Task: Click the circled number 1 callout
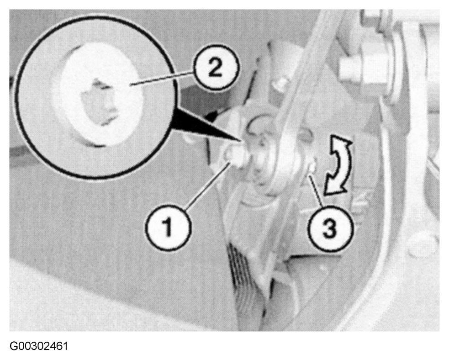click(x=168, y=227)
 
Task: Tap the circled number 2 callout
click(x=216, y=68)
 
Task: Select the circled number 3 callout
click(x=330, y=228)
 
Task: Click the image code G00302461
click(x=39, y=346)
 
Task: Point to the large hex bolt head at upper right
click(x=361, y=68)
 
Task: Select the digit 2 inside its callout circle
click(x=215, y=68)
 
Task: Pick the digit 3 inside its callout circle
click(x=330, y=228)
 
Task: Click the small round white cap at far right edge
click(x=422, y=244)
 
